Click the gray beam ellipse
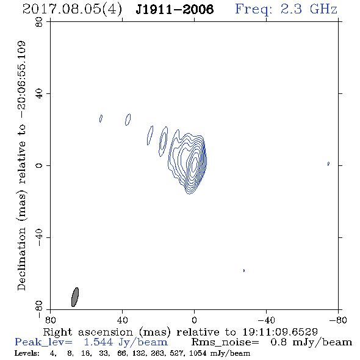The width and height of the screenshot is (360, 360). (x=75, y=297)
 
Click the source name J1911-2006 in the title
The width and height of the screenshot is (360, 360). (x=175, y=10)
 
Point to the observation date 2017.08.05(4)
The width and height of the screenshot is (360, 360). (x=72, y=10)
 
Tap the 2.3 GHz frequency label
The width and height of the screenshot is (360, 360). (x=309, y=9)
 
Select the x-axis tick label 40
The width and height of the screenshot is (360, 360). (x=122, y=320)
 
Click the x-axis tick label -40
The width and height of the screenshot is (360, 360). (x=266, y=320)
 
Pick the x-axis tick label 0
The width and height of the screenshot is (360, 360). (x=194, y=320)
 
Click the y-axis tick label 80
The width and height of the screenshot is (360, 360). (x=39, y=22)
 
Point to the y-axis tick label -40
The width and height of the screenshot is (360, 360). (x=39, y=237)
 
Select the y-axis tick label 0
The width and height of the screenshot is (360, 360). (x=39, y=165)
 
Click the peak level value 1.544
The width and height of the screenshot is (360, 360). (x=98, y=342)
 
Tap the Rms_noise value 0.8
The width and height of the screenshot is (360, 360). (x=278, y=342)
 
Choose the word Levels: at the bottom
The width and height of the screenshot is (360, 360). (x=27, y=353)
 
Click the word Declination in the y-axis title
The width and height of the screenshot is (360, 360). (x=21, y=259)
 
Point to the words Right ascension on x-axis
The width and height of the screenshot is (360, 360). (x=88, y=332)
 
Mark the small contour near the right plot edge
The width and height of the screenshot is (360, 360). (x=328, y=164)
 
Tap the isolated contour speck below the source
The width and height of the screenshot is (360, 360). (x=244, y=270)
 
